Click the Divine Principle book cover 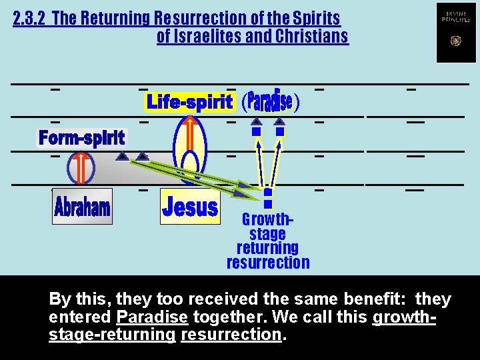[456, 32]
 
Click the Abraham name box [82, 207]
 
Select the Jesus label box [190, 207]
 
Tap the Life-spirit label [189, 102]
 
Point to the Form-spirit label [81, 138]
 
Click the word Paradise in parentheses [269, 101]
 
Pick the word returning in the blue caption [267, 248]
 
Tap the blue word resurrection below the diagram [268, 262]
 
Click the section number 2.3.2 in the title [30, 18]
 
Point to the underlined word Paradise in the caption [152, 317]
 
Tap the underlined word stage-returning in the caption [112, 334]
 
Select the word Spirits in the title [315, 18]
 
